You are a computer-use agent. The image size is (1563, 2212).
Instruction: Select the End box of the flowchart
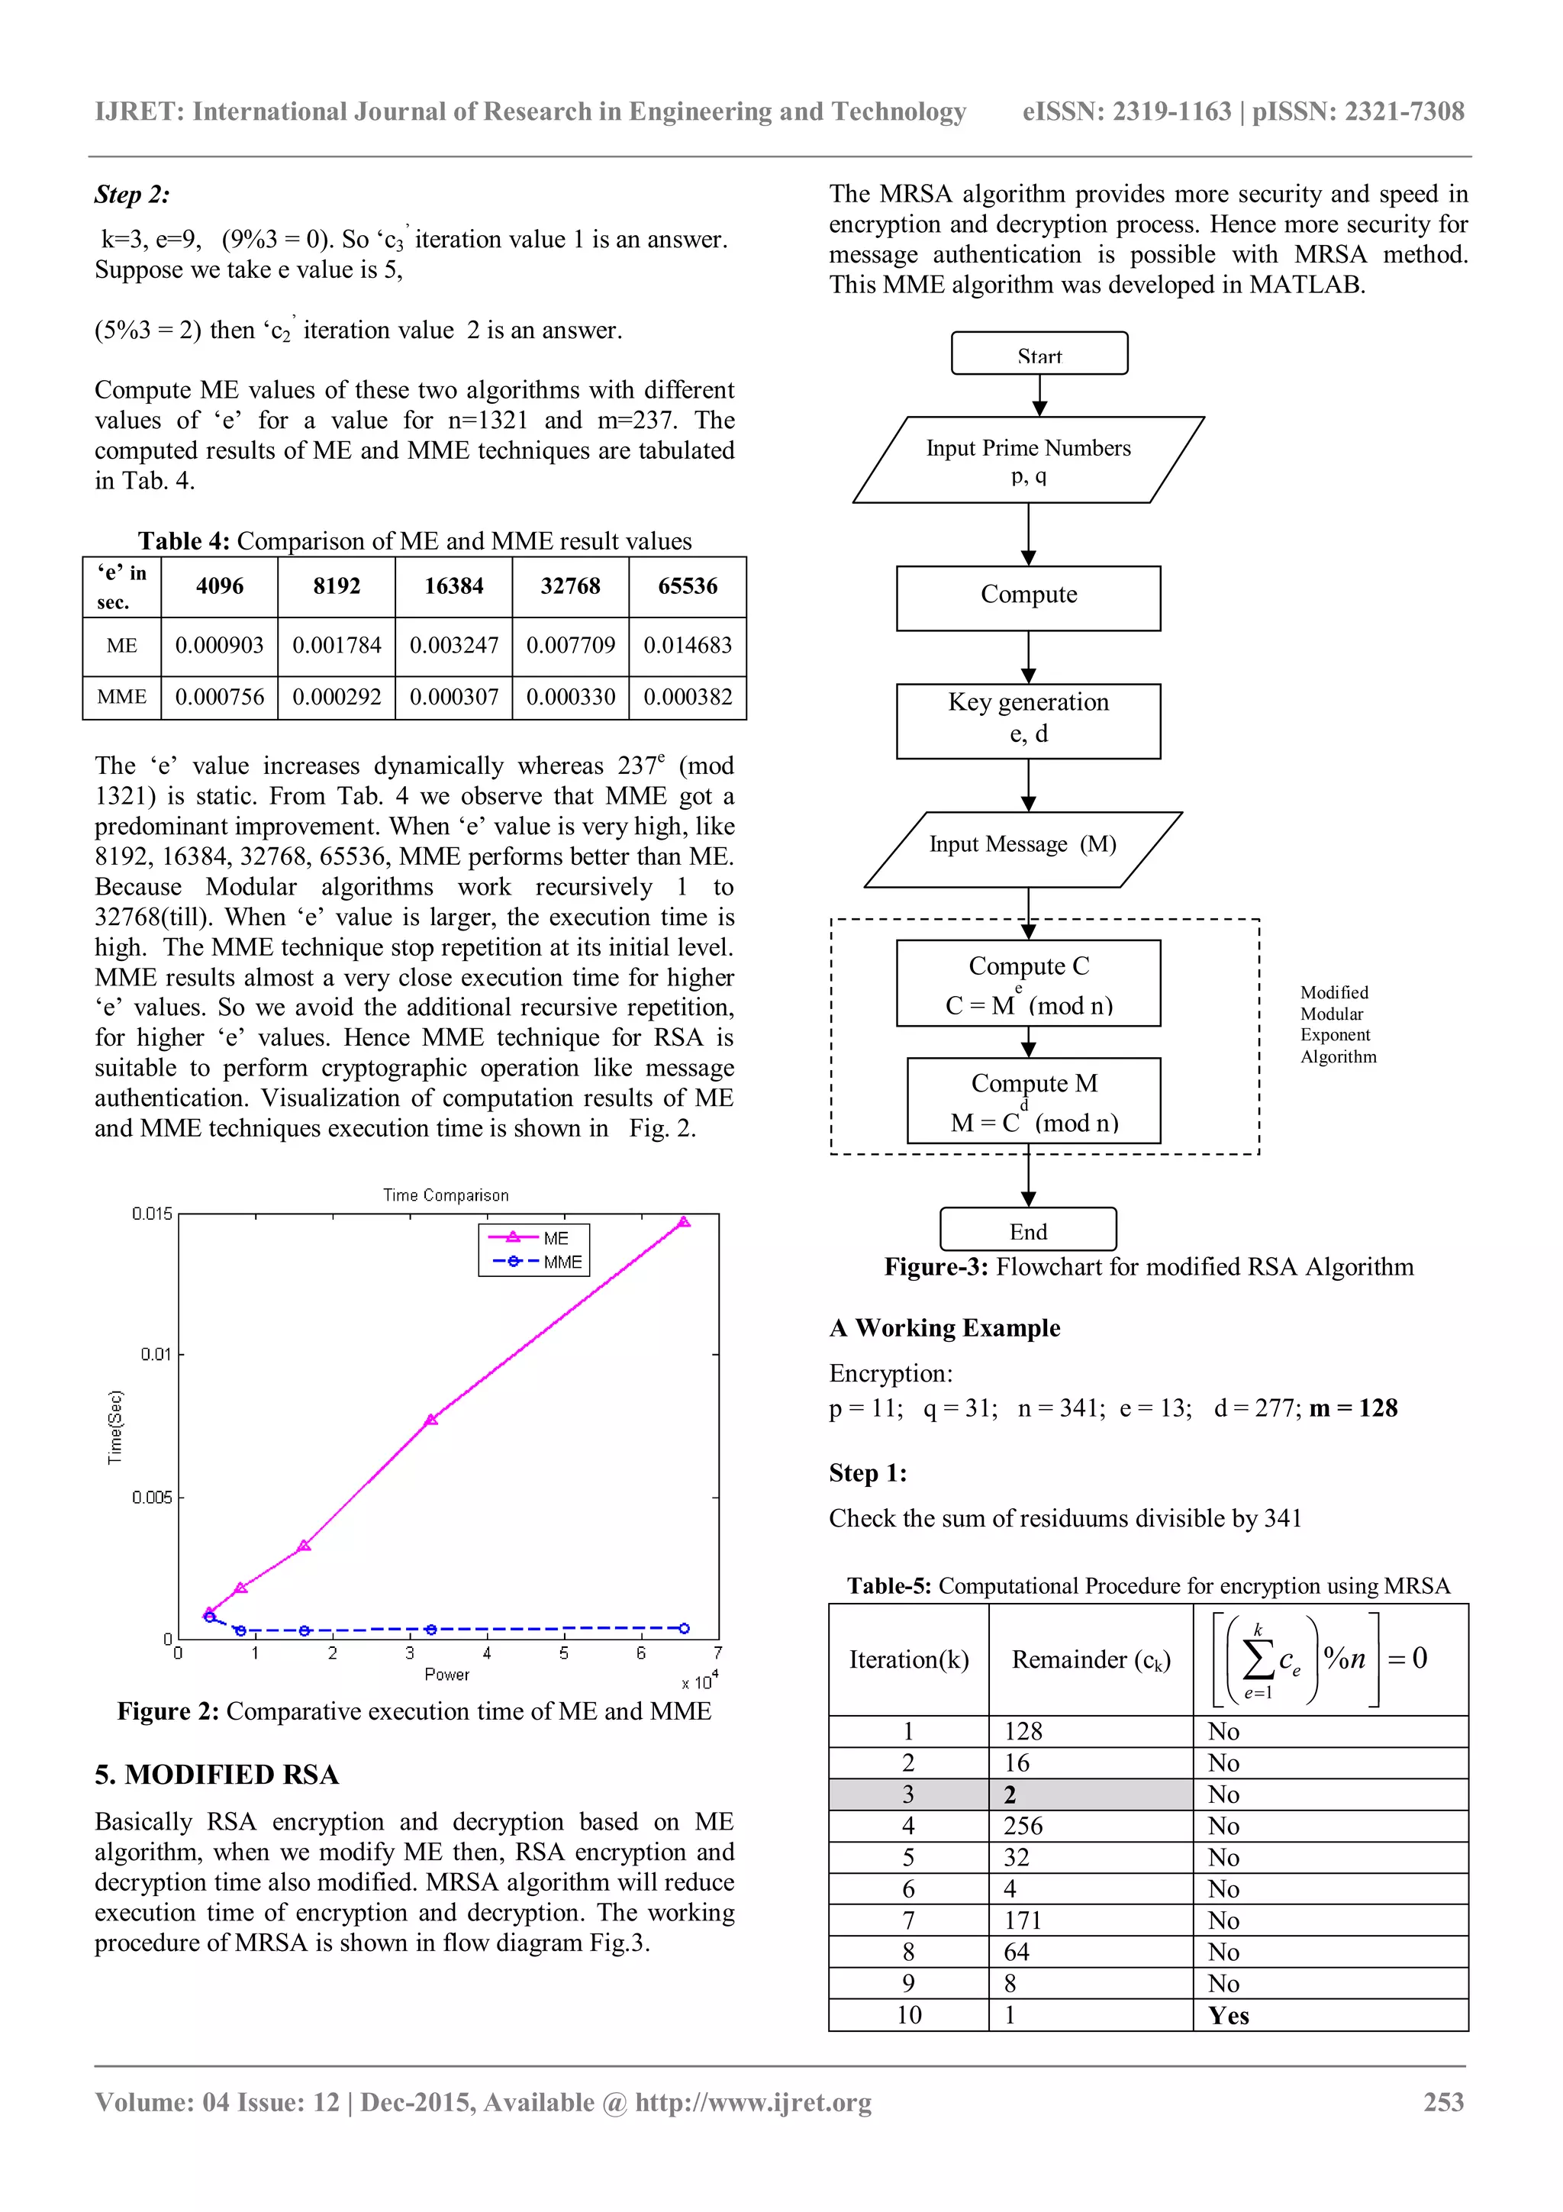tap(1027, 1230)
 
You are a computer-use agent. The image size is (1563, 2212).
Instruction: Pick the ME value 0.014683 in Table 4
tap(688, 646)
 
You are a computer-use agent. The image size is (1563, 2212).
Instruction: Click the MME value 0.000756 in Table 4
tap(220, 697)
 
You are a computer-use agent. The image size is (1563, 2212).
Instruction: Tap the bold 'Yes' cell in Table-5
tap(1229, 2016)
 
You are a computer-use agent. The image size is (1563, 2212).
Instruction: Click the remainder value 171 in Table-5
tap(1023, 1920)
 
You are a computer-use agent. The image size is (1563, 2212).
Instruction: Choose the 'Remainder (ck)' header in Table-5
tap(1090, 1659)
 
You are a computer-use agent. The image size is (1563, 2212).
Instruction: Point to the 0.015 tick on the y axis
tap(152, 1214)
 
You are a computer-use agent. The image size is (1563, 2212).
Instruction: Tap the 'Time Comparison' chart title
tap(446, 1195)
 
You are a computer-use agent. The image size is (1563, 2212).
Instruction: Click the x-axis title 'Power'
tap(447, 1675)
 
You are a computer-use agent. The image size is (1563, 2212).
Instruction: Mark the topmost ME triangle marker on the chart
tap(684, 1221)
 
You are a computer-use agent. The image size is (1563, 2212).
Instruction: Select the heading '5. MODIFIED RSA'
tap(217, 1775)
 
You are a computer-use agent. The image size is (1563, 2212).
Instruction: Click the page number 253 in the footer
tap(1444, 2102)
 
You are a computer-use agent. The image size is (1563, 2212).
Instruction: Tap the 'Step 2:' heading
tap(132, 195)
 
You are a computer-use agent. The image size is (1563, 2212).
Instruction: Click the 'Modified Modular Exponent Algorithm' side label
tap(1338, 1024)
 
